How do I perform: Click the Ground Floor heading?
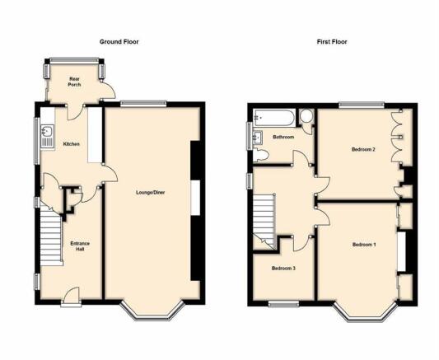pyautogui.click(x=119, y=42)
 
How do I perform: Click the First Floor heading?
pyautogui.click(x=332, y=42)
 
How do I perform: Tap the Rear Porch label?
pyautogui.click(x=74, y=82)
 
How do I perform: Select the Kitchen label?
pyautogui.click(x=72, y=144)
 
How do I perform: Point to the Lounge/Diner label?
pyautogui.click(x=151, y=193)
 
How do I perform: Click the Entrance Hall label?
pyautogui.click(x=80, y=246)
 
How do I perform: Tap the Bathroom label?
pyautogui.click(x=283, y=137)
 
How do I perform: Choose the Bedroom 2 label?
pyautogui.click(x=363, y=149)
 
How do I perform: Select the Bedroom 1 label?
pyautogui.click(x=364, y=245)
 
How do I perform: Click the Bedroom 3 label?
pyautogui.click(x=283, y=269)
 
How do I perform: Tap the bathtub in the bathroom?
pyautogui.click(x=273, y=118)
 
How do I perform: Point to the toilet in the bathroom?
pyautogui.click(x=260, y=156)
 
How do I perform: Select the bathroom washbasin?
pyautogui.click(x=258, y=138)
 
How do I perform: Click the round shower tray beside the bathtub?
pyautogui.click(x=306, y=116)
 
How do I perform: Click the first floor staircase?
pyautogui.click(x=264, y=221)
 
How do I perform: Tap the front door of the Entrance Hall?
pyautogui.click(x=71, y=297)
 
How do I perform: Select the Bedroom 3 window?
pyautogui.click(x=283, y=304)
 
